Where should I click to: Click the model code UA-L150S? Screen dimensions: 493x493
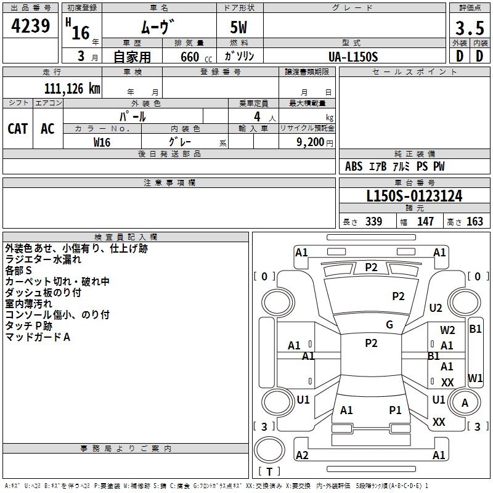point(353,56)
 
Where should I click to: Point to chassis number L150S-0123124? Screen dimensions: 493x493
point(414,196)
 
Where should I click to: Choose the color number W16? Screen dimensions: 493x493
point(102,142)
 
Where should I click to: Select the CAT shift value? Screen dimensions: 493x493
point(18,128)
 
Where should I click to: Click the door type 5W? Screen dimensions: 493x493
point(239,29)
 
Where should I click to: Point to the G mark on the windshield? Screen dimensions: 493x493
point(389,325)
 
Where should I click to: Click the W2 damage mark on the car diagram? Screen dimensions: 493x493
point(447,330)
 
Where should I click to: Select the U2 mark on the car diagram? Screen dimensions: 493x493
point(436,308)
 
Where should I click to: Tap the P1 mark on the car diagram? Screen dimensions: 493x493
point(395,410)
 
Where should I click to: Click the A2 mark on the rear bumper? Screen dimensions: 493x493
point(302,455)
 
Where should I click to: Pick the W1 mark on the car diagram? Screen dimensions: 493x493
point(475,377)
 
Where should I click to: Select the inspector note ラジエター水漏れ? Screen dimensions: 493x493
point(43,259)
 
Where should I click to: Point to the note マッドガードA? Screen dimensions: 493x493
point(38,337)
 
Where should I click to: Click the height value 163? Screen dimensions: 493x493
point(475,222)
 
